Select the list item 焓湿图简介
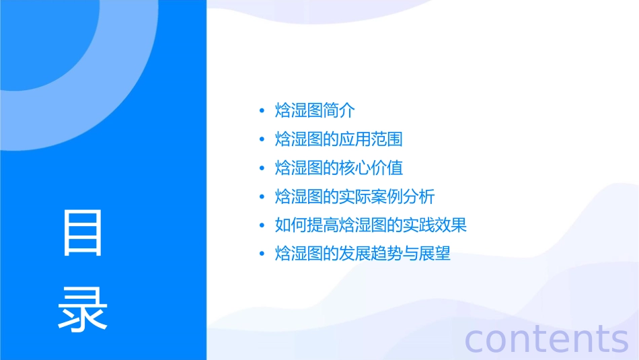pyautogui.click(x=315, y=110)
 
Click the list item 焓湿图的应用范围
pyautogui.click(x=339, y=139)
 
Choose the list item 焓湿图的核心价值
pyautogui.click(x=339, y=168)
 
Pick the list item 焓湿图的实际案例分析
pyautogui.click(x=355, y=196)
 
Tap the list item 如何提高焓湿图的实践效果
pyautogui.click(x=371, y=225)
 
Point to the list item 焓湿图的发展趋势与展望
pyautogui.click(x=363, y=254)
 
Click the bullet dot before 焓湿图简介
pyautogui.click(x=262, y=111)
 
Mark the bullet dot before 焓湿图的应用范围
pyautogui.click(x=262, y=140)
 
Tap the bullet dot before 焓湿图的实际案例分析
pyautogui.click(x=262, y=197)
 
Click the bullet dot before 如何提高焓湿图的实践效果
pyautogui.click(x=262, y=225)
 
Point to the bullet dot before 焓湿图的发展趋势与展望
pyautogui.click(x=262, y=254)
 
